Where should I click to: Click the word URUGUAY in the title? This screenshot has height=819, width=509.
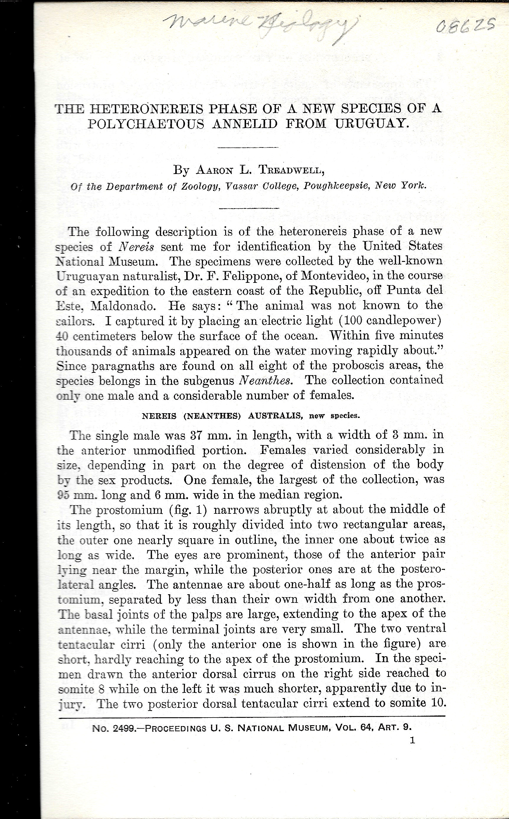click(372, 124)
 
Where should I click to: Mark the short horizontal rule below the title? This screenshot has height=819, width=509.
click(248, 147)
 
